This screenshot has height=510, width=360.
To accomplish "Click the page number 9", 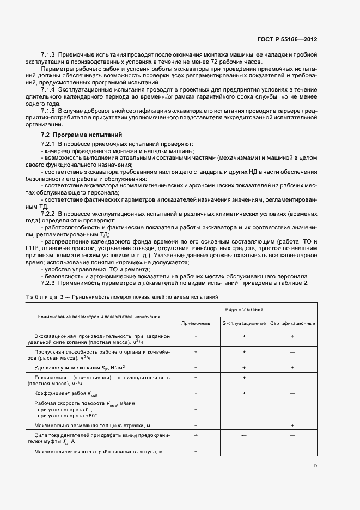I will click(x=315, y=466).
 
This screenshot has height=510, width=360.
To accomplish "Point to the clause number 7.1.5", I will click(x=48, y=111).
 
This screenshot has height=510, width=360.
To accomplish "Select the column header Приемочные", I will click(x=196, y=324).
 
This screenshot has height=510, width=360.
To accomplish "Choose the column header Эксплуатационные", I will click(x=244, y=324).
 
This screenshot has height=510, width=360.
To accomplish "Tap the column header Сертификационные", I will click(x=292, y=324).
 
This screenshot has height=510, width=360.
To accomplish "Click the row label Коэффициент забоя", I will click(x=68, y=393).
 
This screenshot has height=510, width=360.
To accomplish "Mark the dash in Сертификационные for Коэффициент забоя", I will click(x=292, y=392).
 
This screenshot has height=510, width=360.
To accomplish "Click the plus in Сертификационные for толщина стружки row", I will click(x=292, y=424).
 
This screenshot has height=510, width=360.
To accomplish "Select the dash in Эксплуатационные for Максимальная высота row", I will click(x=244, y=452).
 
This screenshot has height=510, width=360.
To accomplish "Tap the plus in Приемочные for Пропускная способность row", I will click(x=196, y=352).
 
